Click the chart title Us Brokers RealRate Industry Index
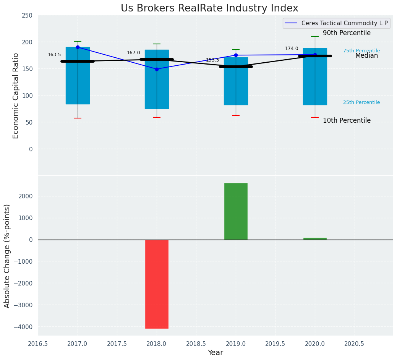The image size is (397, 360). pyautogui.click(x=209, y=8)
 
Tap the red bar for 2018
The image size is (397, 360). pyautogui.click(x=157, y=284)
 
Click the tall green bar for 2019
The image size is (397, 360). pyautogui.click(x=236, y=211)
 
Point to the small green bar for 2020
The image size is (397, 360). pyautogui.click(x=315, y=238)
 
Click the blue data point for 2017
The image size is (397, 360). pyautogui.click(x=78, y=47)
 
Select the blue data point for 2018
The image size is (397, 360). pyautogui.click(x=157, y=69)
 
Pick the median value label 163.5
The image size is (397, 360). pyautogui.click(x=54, y=55)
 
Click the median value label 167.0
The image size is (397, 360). pyautogui.click(x=133, y=53)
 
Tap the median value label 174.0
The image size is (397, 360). pyautogui.click(x=292, y=49)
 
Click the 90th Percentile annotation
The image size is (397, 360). pyautogui.click(x=347, y=33)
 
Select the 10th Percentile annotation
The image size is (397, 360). pyautogui.click(x=347, y=121)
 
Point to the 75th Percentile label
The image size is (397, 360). pyautogui.click(x=361, y=51)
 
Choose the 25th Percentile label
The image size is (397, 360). pyautogui.click(x=361, y=102)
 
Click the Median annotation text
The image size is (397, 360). pyautogui.click(x=366, y=56)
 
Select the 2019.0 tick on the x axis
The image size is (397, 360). pyautogui.click(x=236, y=344)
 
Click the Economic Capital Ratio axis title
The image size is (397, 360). pyautogui.click(x=16, y=96)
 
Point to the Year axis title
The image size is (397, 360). pyautogui.click(x=215, y=353)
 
